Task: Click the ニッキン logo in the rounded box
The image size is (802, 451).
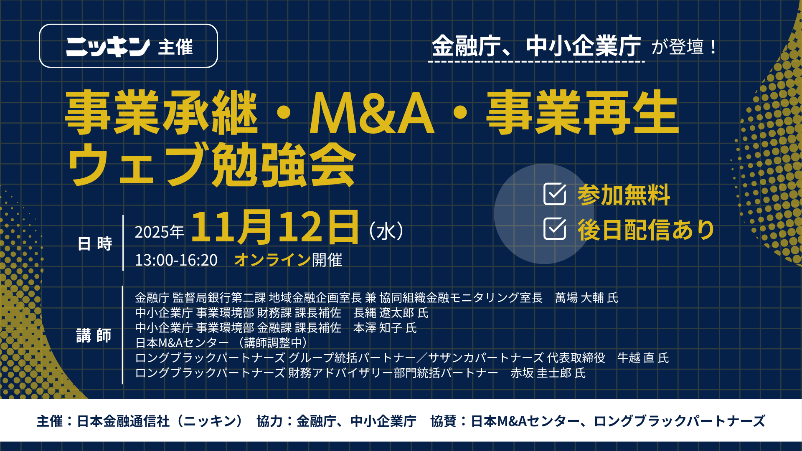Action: point(108,47)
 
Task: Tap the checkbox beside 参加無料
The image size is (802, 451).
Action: point(555,194)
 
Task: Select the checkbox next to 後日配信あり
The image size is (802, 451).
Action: point(555,229)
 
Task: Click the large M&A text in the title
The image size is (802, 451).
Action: point(372,113)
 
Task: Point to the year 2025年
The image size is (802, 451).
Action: point(159,232)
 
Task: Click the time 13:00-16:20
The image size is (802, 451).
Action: point(176,260)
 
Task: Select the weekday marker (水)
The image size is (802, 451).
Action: point(386,231)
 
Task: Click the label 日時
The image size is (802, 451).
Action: point(95,243)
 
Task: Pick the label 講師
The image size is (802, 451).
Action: point(94,335)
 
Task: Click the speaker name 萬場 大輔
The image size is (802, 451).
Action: point(579,298)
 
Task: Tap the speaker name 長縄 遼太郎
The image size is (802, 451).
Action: point(384,313)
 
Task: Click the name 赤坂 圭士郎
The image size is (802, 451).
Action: point(541,373)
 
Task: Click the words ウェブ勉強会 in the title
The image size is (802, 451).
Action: point(212,164)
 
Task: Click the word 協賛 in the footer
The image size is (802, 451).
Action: point(444,421)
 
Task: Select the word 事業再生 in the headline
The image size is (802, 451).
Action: point(583,113)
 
